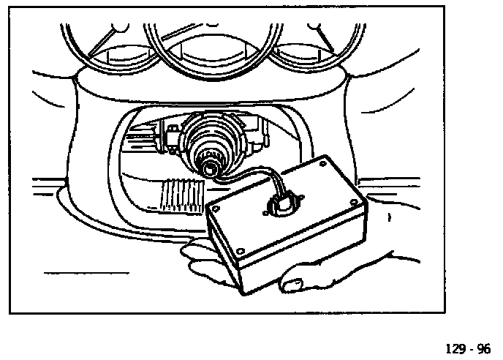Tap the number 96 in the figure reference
484,347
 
